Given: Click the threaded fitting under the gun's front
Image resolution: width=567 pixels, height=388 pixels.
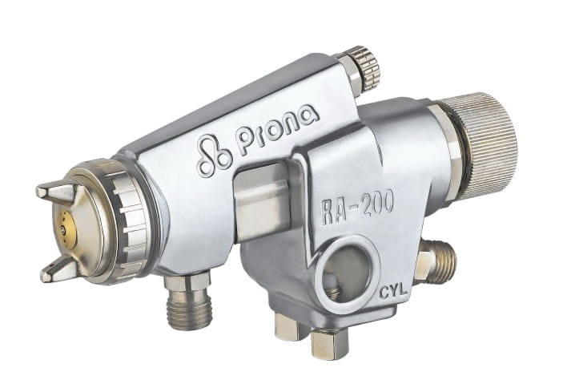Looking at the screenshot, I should point(190,308).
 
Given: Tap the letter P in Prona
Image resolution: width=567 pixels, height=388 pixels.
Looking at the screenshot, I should point(245,143).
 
